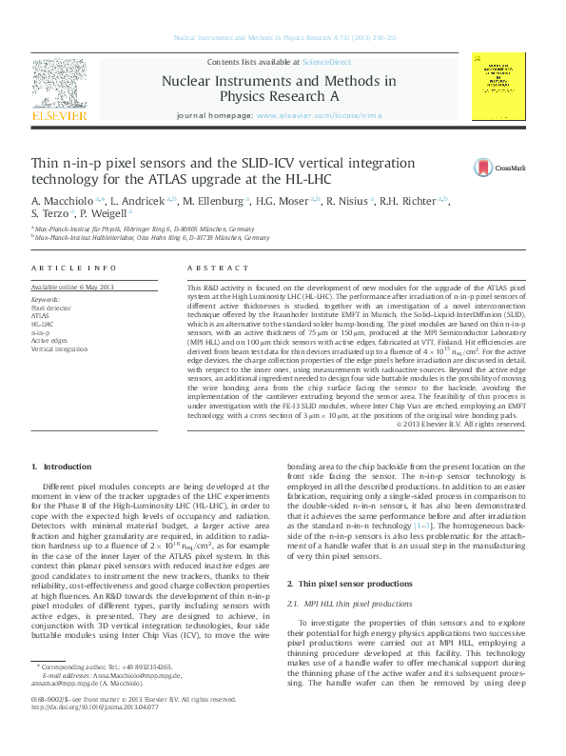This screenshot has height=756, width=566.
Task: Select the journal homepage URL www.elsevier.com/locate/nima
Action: click(x=312, y=114)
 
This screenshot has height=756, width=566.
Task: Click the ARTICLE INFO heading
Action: click(x=74, y=269)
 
